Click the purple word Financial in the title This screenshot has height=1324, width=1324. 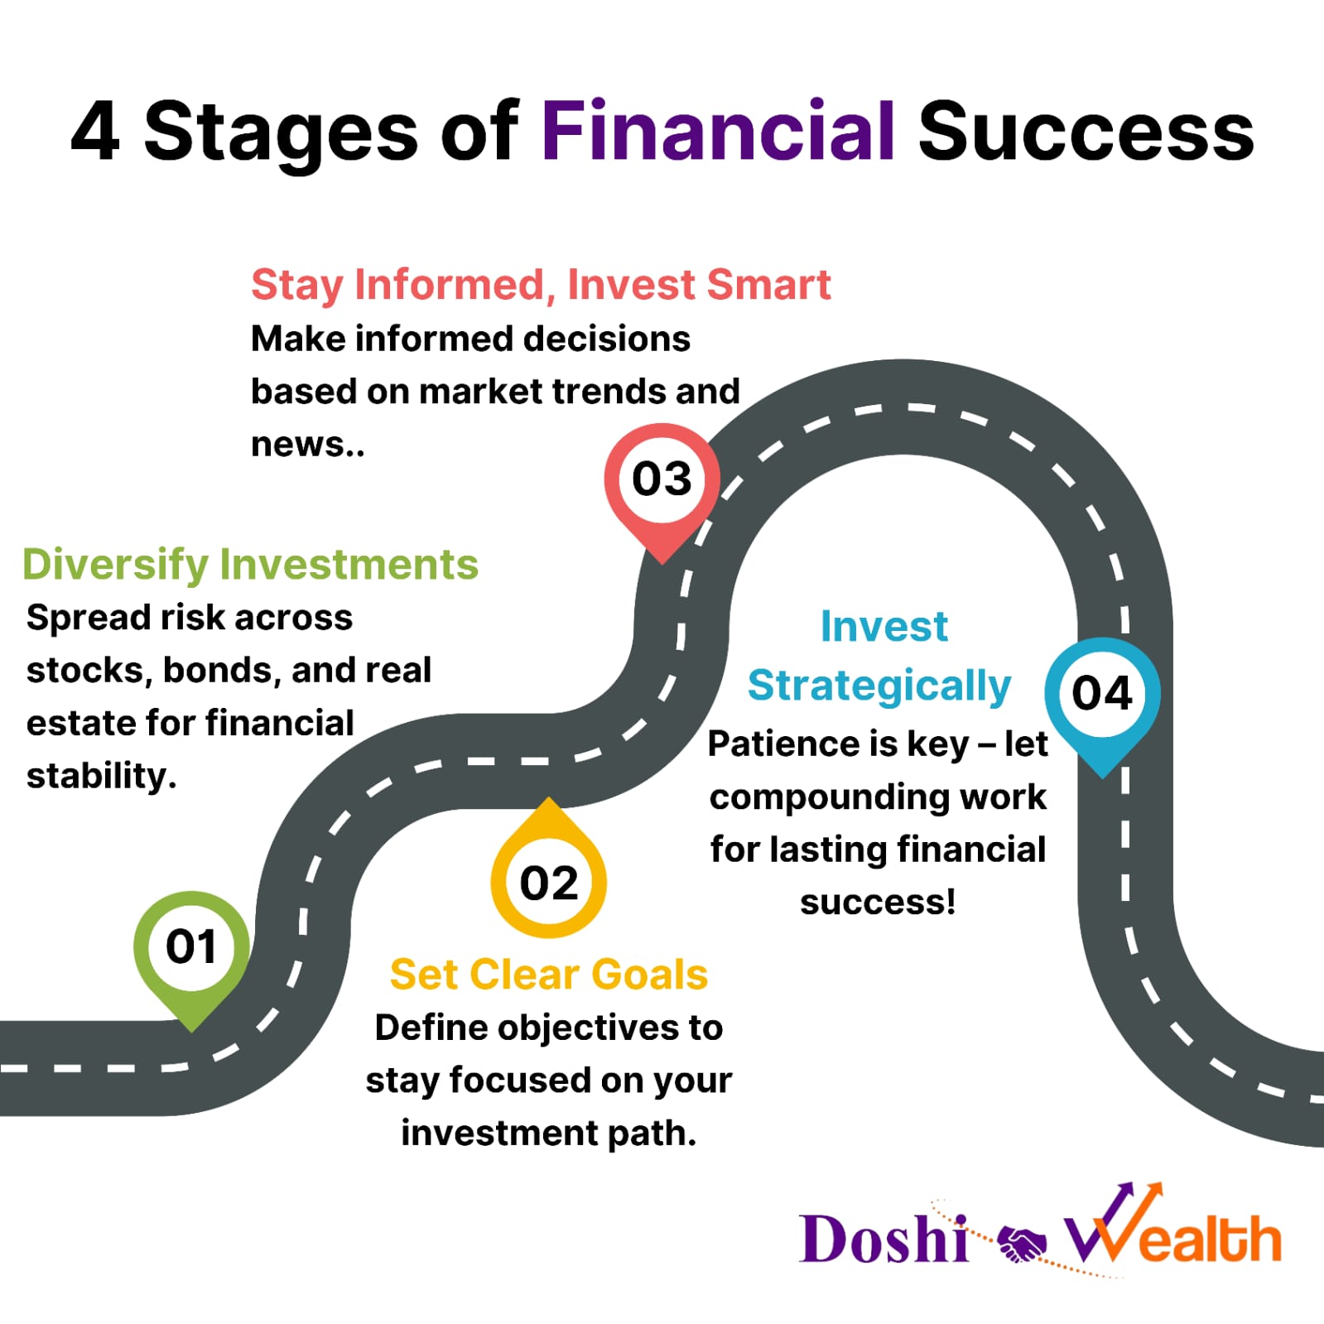[718, 131]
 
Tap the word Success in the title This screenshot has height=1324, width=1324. [1086, 131]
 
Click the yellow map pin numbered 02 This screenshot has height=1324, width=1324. [548, 869]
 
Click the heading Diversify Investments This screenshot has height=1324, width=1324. [250, 564]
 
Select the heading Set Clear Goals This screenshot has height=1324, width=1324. [548, 974]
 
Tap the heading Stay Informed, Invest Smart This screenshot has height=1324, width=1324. [541, 285]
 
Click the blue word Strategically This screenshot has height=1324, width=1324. [879, 686]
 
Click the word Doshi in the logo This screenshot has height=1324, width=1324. [883, 1239]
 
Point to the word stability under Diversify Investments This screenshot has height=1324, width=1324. [101, 776]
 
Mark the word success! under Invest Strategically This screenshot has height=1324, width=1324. [878, 902]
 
